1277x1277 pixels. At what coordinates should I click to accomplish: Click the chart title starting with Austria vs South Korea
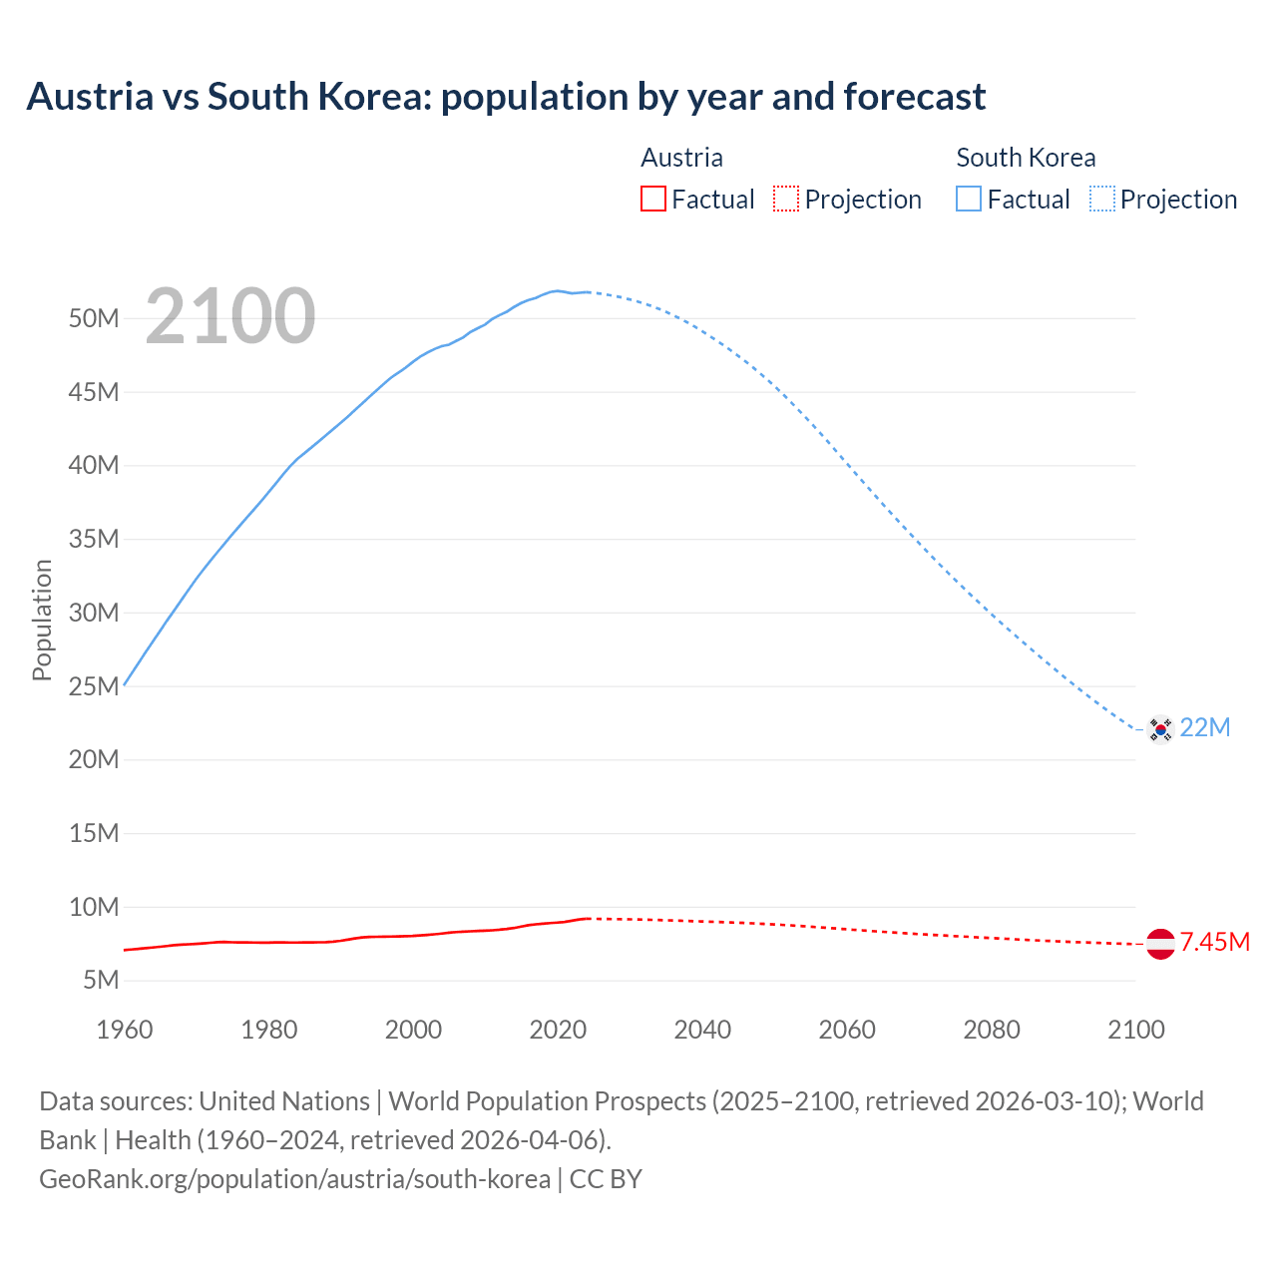506,97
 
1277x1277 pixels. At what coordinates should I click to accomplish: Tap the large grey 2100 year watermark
230,316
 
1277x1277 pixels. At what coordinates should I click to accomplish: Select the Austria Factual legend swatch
652,200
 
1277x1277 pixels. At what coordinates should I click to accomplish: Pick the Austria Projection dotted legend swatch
786,200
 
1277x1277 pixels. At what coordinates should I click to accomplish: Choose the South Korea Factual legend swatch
969,200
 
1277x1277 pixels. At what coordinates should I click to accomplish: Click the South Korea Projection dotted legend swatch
1102,200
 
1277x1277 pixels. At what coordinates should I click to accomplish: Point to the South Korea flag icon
1159,729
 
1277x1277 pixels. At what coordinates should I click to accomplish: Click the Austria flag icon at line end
1160,943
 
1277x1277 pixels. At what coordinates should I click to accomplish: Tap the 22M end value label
1205,728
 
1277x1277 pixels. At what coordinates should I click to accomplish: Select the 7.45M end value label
1215,943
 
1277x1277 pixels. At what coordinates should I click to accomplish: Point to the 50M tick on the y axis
94,319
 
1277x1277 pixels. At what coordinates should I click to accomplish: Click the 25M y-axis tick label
94,686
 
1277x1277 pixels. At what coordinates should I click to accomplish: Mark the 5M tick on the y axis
101,981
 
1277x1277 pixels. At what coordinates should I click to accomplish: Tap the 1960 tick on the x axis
125,1030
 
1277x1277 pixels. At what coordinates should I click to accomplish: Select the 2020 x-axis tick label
558,1030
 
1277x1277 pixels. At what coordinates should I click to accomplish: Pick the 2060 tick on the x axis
847,1030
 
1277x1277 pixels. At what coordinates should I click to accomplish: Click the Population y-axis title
42,620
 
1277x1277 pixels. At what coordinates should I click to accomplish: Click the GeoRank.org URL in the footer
294,1179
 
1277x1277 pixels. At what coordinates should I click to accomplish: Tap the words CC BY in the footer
606,1179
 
